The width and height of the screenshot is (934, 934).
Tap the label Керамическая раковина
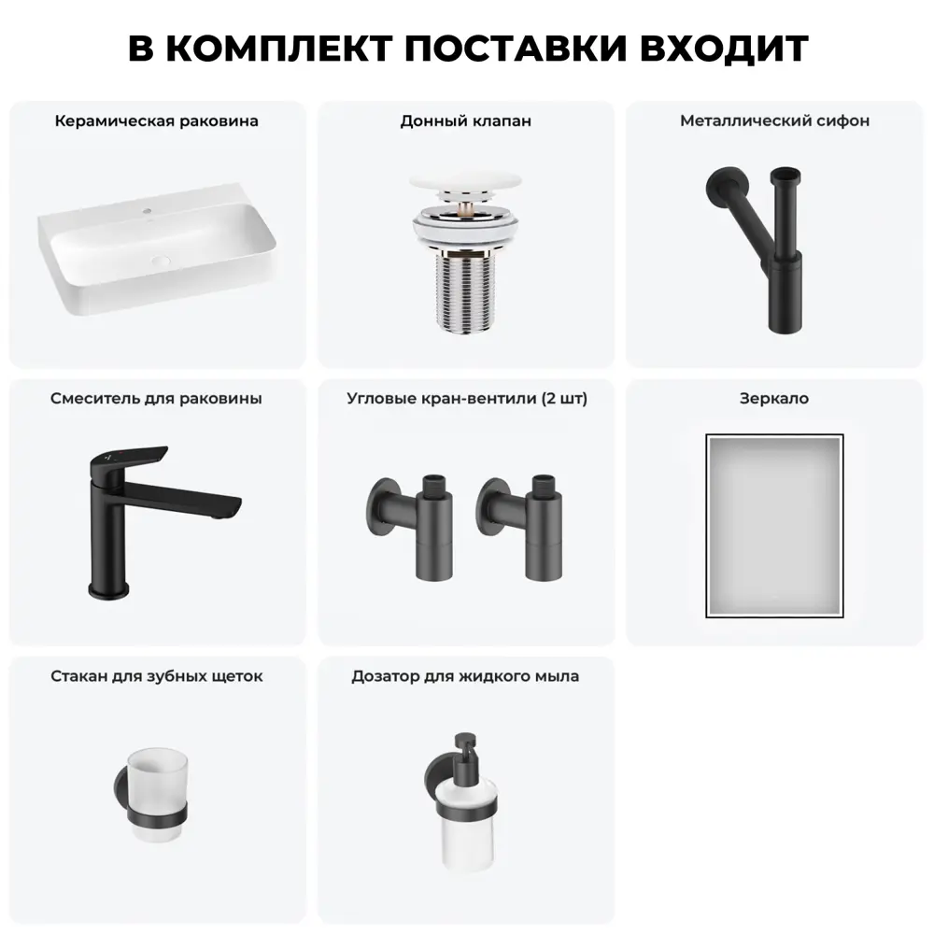click(x=157, y=121)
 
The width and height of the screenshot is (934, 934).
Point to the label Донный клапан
click(x=466, y=121)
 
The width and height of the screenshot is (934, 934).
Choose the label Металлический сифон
click(x=775, y=121)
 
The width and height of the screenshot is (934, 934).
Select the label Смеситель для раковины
click(x=156, y=399)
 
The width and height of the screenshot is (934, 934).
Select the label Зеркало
click(x=774, y=399)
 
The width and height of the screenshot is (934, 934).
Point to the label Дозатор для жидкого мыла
click(x=465, y=676)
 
